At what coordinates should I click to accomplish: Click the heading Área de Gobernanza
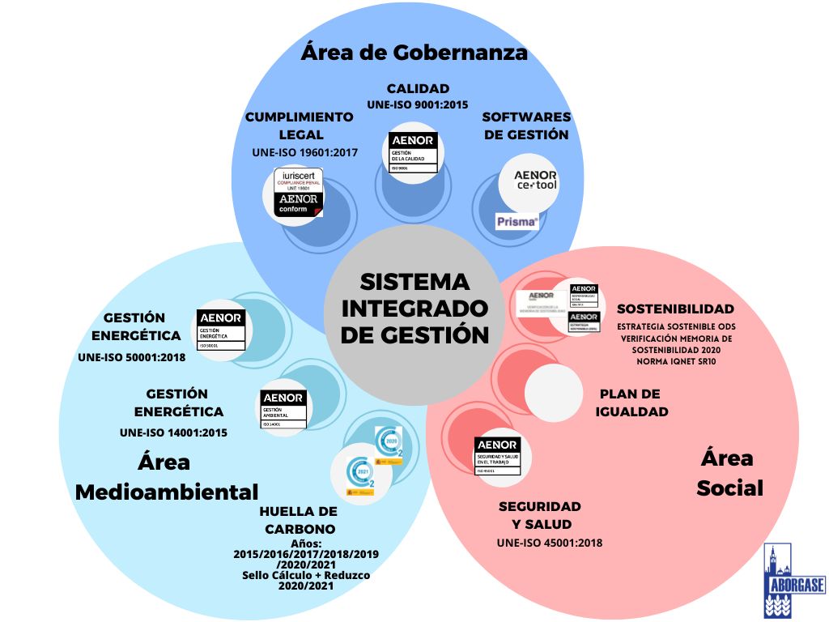point(414,53)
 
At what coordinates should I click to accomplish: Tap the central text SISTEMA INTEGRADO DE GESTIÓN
point(414,309)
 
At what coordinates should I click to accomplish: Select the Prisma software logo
point(517,219)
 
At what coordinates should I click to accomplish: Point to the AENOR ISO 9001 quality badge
point(414,152)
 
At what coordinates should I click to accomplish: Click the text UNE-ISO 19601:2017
point(305,152)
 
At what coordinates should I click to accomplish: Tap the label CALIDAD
point(418,88)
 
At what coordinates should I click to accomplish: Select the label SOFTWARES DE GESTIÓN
point(526,126)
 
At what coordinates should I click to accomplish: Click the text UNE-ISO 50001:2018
point(132,356)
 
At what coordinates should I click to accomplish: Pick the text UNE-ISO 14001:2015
point(173,432)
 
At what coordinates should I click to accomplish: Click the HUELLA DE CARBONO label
point(298,520)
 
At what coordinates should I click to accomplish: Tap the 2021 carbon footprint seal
point(362,475)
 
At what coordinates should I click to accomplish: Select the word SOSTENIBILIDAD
point(675,309)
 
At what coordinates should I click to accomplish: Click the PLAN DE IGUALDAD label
point(631,403)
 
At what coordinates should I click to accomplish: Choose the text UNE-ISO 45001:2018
point(550,543)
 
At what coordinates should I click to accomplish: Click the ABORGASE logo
point(783,580)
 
